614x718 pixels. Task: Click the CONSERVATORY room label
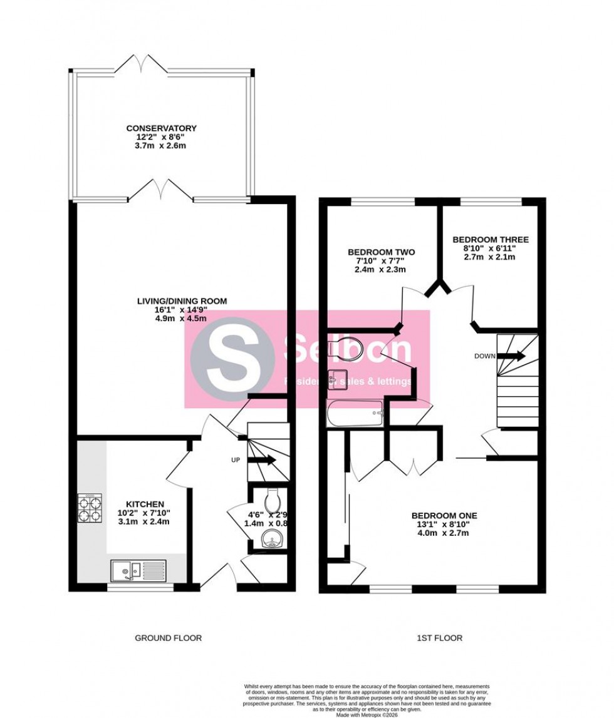160,128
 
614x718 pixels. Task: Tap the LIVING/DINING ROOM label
182,301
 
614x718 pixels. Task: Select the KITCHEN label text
145,504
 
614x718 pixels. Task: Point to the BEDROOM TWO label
381,252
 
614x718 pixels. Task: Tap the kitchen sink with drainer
138,570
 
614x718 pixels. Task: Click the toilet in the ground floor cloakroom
273,501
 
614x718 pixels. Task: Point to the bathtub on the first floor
355,413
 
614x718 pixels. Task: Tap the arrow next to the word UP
262,460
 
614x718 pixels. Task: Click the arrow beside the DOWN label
513,356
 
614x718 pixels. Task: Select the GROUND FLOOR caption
169,638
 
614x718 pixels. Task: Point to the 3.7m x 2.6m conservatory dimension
160,146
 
